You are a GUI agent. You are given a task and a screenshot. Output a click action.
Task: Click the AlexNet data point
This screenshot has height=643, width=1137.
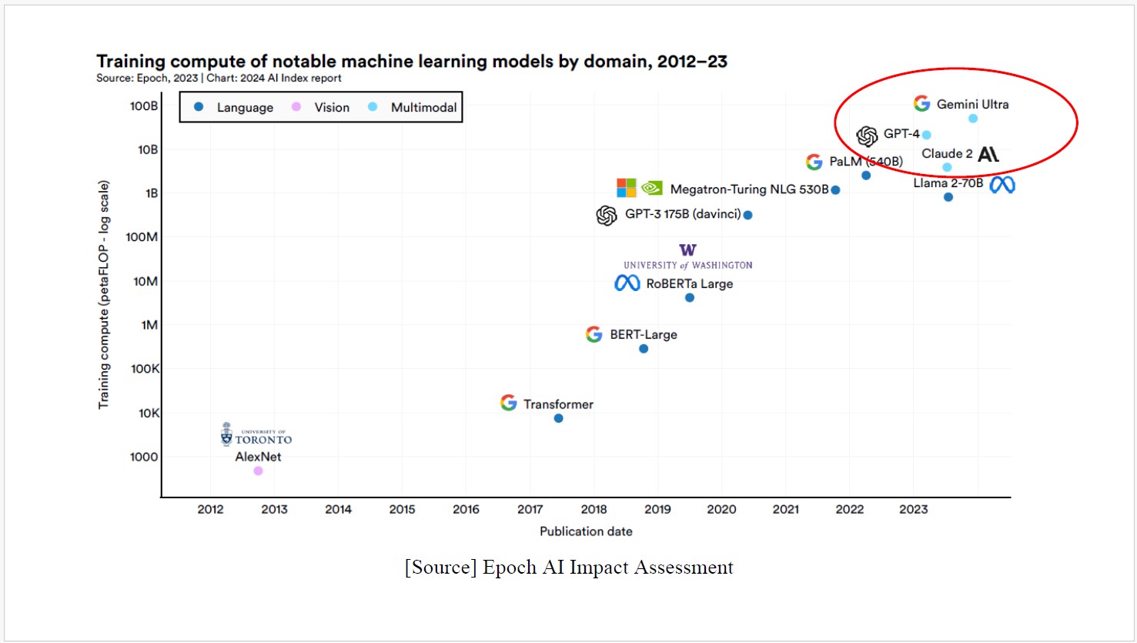point(258,471)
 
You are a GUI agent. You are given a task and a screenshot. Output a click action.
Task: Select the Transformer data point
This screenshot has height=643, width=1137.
point(558,418)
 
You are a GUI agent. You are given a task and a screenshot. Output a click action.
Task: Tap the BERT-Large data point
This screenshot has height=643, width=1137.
point(644,349)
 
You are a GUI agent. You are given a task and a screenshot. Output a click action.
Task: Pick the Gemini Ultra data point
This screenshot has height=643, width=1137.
point(973,119)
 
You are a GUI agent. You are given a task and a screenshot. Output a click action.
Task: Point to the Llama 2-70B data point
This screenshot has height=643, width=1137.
point(948,197)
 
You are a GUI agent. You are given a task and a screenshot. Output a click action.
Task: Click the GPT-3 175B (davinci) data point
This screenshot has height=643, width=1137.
point(747,215)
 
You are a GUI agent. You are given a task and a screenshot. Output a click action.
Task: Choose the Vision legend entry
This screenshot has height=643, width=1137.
point(321,108)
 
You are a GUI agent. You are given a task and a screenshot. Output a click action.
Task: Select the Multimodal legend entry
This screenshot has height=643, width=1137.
point(413,108)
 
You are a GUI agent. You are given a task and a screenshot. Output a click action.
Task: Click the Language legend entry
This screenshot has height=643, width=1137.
point(234,108)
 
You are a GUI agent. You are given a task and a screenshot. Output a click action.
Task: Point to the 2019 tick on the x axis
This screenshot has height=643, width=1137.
point(657,509)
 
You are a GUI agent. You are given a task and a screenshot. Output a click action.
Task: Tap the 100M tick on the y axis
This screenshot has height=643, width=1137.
point(142,237)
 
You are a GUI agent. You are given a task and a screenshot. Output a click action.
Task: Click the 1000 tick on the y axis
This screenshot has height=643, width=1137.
point(144,457)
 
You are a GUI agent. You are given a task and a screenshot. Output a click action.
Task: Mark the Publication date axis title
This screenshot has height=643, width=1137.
point(586,531)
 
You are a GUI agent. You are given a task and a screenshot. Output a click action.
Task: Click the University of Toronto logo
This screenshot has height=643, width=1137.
point(256,434)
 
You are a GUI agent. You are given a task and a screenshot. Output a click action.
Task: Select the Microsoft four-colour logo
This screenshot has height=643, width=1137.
point(627,188)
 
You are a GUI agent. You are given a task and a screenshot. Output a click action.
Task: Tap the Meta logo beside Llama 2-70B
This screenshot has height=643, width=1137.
point(1002,185)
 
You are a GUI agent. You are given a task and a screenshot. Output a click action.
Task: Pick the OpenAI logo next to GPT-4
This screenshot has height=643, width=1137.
point(868,136)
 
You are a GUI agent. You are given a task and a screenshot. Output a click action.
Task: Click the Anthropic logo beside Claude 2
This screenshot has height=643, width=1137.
point(988,154)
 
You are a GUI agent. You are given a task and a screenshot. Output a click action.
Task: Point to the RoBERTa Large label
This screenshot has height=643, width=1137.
point(689,284)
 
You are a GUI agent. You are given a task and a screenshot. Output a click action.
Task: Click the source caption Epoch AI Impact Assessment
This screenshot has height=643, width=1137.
point(569,568)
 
